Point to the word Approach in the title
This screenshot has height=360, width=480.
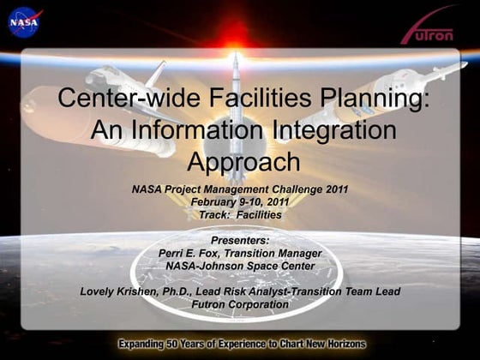(x=243, y=161)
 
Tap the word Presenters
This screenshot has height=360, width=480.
(x=239, y=241)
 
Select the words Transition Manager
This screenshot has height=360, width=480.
(x=273, y=254)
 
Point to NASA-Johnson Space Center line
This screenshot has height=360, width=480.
(x=239, y=266)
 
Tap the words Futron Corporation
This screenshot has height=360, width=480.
(x=240, y=304)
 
